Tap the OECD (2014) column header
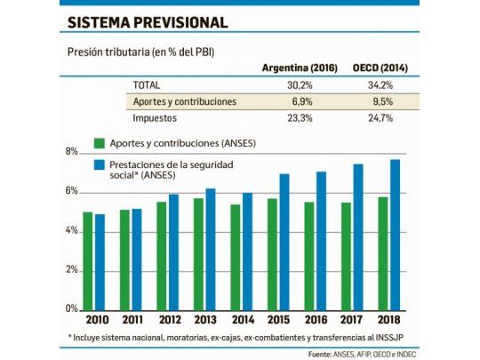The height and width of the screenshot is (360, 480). coord(383,68)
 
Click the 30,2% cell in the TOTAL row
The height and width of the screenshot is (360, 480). coord(300,86)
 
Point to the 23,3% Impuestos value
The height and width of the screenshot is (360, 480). coord(300,116)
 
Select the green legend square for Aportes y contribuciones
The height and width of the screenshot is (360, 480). coord(100,142)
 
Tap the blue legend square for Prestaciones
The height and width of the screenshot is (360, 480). coord(100,164)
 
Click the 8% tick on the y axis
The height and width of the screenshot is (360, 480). coord(71,152)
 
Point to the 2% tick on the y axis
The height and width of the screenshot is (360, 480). coord(71,269)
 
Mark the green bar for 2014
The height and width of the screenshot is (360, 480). coord(235,256)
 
